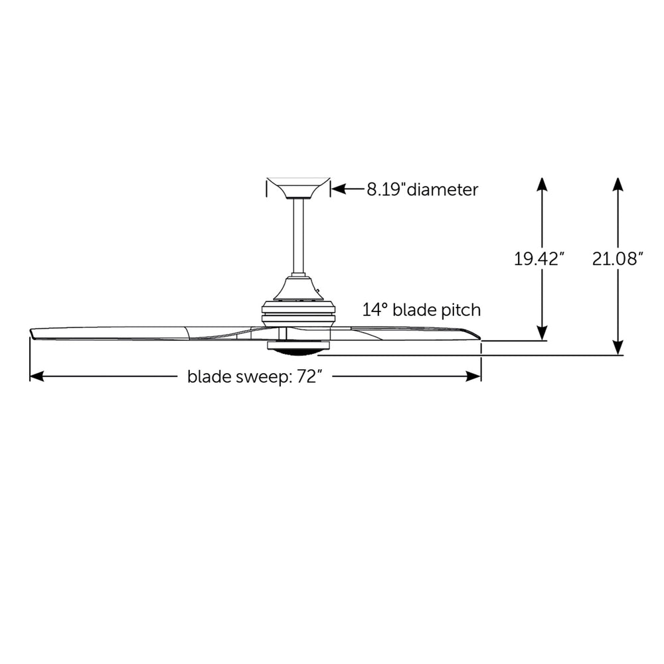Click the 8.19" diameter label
(422, 190)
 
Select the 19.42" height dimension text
(539, 259)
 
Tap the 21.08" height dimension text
(618, 259)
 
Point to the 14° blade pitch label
(422, 309)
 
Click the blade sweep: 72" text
(255, 377)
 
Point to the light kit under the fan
(298, 347)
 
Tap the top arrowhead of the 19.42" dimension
(542, 184)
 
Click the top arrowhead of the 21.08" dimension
(618, 184)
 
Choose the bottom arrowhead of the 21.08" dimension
(618, 349)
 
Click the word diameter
(442, 190)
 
